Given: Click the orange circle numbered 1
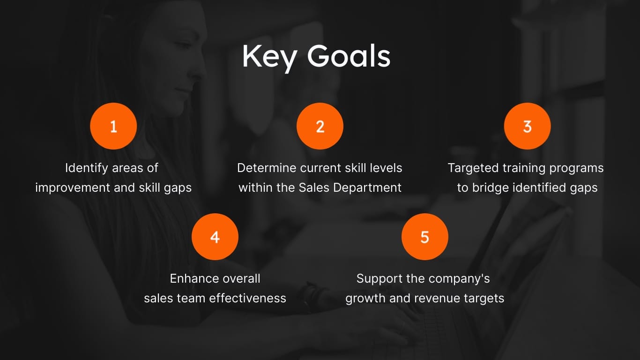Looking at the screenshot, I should point(113,126).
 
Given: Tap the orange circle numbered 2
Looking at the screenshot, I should point(320,126).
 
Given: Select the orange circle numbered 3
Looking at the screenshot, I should point(527,126).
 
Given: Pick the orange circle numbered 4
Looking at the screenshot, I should point(215,237).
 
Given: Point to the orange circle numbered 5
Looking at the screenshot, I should point(424,237).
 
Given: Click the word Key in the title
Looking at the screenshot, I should point(269,57).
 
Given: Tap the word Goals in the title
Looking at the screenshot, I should point(349,56).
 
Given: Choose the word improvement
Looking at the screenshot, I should point(73,187).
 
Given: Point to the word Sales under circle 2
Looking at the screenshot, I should point(314,187).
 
